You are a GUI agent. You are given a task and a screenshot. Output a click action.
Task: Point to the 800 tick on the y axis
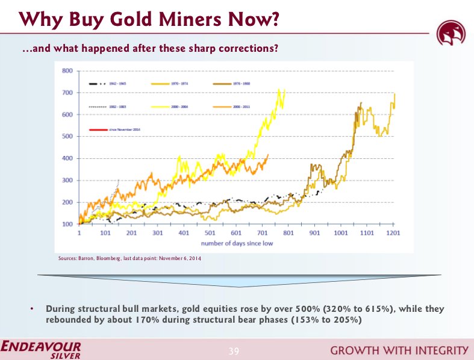click(x=67, y=71)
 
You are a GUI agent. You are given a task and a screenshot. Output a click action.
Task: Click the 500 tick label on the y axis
click(x=67, y=137)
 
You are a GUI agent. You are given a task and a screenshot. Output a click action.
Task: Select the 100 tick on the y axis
click(x=67, y=224)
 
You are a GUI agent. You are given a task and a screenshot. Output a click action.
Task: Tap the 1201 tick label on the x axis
click(x=393, y=232)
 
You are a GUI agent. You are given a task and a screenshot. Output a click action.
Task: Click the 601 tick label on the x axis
click(x=236, y=232)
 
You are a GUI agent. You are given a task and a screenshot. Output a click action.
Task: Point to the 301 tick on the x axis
click(x=158, y=232)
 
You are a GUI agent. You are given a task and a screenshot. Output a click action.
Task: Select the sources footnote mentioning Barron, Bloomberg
click(x=129, y=258)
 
